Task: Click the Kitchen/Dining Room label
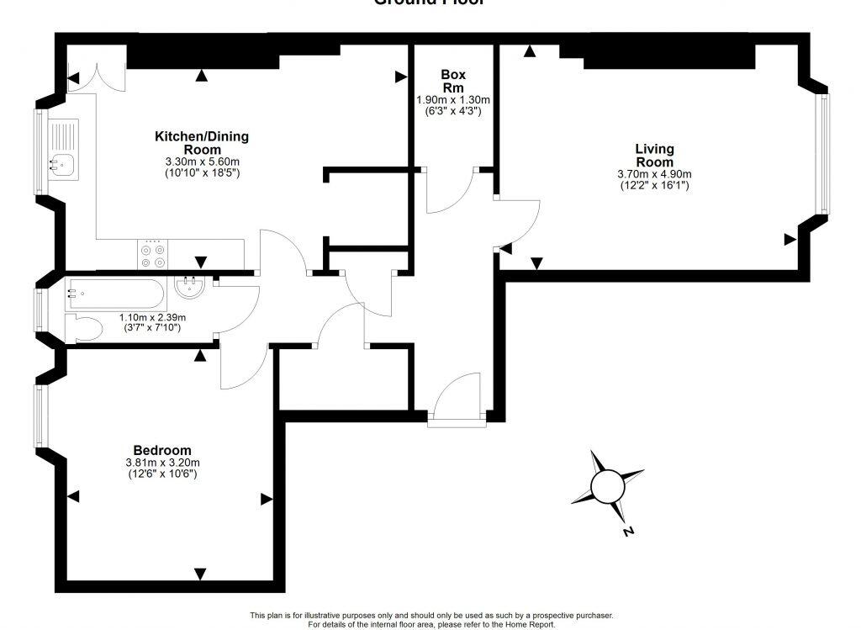[x=201, y=142]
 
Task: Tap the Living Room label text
[x=653, y=156]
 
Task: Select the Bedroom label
[x=161, y=450]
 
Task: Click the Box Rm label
[x=453, y=81]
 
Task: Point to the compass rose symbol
[x=607, y=486]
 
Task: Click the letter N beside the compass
[x=628, y=532]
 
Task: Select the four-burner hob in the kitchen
[x=152, y=255]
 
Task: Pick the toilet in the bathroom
[x=84, y=329]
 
